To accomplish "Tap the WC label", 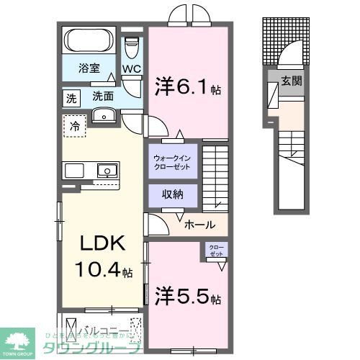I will click(130, 69).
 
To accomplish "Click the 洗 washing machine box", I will click(72, 97).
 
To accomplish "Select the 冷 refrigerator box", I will click(75, 127).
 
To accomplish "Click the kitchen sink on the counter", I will click(107, 171).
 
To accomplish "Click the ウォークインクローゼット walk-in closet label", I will click(173, 161).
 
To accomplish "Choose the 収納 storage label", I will click(173, 194).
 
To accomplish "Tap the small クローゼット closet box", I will click(217, 251).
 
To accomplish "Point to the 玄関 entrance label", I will click(291, 81).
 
